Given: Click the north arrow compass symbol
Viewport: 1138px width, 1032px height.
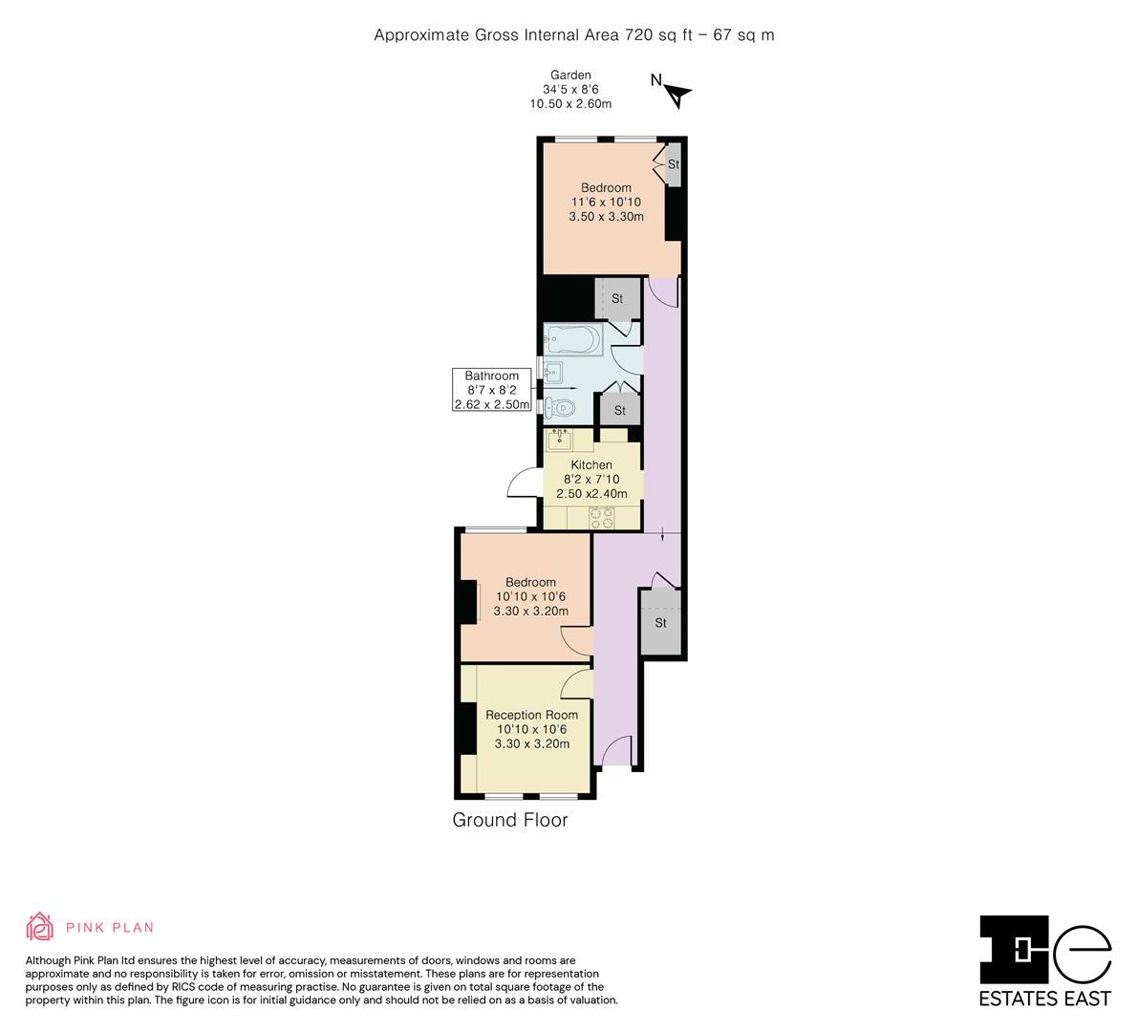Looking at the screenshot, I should tap(676, 93).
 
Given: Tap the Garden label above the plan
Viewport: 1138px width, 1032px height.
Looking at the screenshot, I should tap(570, 75).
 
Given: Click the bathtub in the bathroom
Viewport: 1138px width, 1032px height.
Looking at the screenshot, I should tap(572, 338).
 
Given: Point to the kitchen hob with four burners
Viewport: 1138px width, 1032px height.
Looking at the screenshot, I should tap(601, 517).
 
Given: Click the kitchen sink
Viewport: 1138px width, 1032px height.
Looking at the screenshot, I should tap(558, 440).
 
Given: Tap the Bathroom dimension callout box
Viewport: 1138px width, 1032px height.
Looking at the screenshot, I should tap(492, 390).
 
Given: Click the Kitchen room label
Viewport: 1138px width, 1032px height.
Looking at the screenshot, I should tap(591, 465).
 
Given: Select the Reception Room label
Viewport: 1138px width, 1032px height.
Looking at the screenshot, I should tap(531, 715).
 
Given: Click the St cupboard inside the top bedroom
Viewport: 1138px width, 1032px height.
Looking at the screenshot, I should tap(673, 164).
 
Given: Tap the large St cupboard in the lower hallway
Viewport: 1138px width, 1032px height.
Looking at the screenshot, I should tap(660, 623).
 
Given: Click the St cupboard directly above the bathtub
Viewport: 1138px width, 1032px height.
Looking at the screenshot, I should tap(616, 298).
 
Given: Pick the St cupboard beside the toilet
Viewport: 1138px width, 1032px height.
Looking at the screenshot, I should tap(619, 410).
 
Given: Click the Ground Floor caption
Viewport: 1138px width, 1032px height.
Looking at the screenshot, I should tap(509, 820).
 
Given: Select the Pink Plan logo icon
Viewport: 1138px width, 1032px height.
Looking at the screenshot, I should tap(40, 926).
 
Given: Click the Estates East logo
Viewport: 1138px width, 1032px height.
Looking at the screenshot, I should tap(1045, 960).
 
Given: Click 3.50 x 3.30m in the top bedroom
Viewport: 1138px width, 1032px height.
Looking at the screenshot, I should tap(606, 217).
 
